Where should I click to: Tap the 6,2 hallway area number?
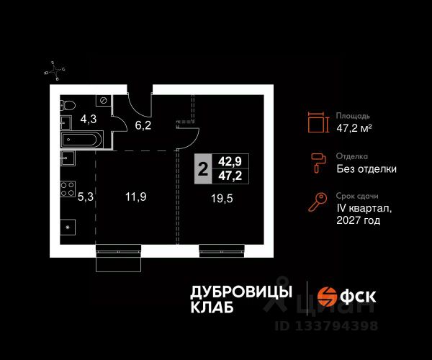[143, 125]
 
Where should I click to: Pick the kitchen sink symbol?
[68, 158]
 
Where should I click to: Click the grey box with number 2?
[203, 170]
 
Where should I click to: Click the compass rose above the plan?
[56, 70]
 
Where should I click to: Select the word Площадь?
[353, 115]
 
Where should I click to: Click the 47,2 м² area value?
[354, 128]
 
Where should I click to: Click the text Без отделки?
[366, 169]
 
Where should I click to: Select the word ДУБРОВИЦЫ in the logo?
[241, 292]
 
